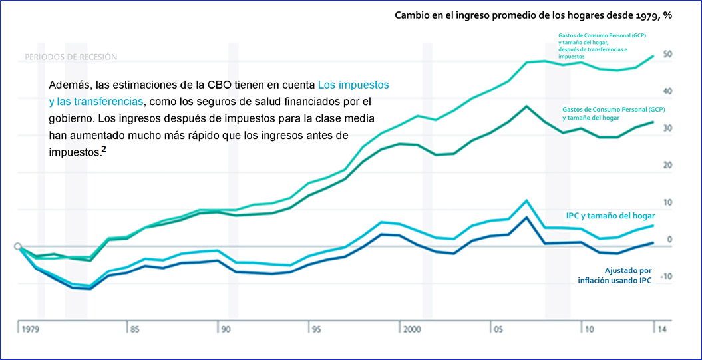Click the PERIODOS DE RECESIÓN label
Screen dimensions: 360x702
pos(71,57)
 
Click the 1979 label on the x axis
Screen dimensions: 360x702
pos(30,329)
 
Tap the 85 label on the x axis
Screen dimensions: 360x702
pos(134,329)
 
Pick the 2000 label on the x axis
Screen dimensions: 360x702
pos(411,329)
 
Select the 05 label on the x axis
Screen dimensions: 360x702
pos(497,329)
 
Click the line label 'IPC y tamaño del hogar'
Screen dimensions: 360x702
pos(610,216)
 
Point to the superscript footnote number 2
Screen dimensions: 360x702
pos(104,150)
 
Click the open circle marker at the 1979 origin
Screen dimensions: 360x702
pos(19,246)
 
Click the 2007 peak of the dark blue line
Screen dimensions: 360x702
pos(527,217)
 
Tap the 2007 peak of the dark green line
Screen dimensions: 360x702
pos(527,106)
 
